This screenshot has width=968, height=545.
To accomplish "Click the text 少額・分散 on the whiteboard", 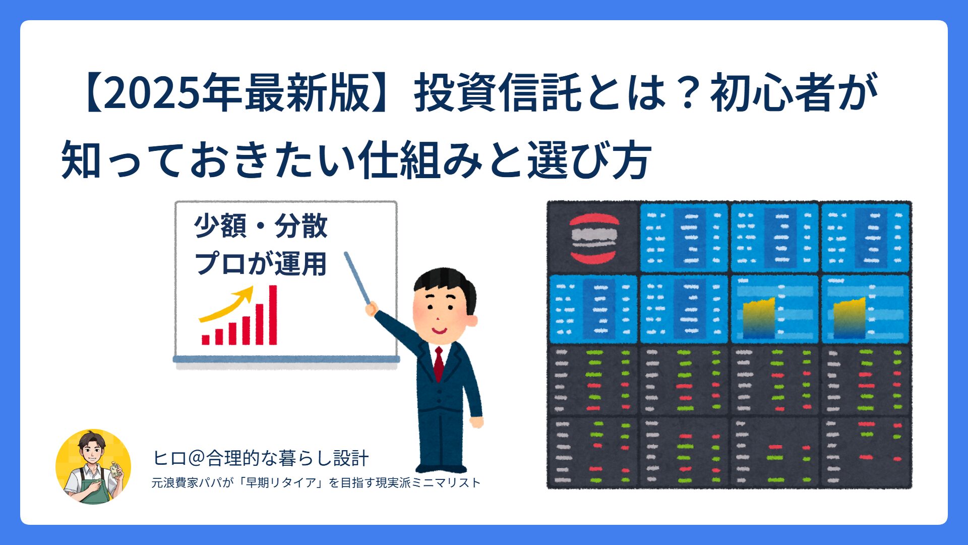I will [x=261, y=226].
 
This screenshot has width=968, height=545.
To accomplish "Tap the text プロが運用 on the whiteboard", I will [x=261, y=263].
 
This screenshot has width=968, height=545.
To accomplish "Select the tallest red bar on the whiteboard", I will [x=273, y=315].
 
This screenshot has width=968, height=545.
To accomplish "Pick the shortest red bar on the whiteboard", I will [x=206, y=340].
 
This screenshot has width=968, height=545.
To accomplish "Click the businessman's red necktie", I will [x=439, y=363].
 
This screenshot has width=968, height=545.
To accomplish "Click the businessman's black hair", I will [x=444, y=280].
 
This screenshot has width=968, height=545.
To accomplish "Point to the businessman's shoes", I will [x=441, y=468].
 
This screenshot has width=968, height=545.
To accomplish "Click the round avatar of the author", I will [x=93, y=467].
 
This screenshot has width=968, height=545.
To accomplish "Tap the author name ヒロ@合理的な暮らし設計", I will [x=261, y=458].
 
